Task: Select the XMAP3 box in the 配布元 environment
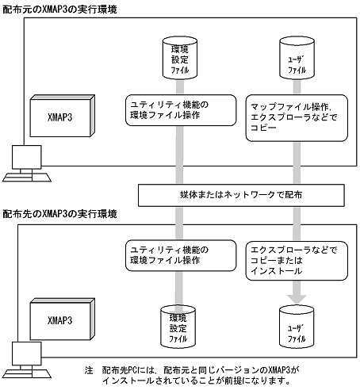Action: click(61, 113)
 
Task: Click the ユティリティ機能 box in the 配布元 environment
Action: click(172, 110)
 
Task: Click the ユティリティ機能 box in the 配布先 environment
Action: click(172, 254)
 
